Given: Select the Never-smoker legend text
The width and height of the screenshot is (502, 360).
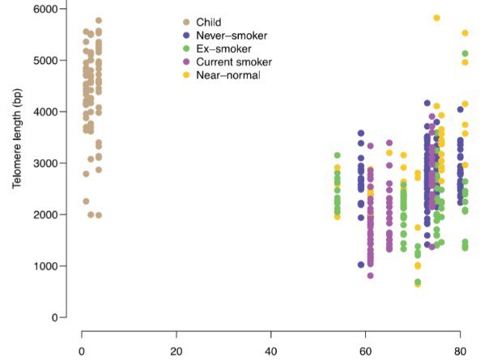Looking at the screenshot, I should (226, 36).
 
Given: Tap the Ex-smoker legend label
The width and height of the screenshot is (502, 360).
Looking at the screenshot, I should (219, 49).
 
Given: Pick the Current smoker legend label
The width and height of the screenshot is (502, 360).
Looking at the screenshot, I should (232, 62).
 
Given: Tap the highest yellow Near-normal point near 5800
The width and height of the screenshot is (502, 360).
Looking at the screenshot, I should (436, 18).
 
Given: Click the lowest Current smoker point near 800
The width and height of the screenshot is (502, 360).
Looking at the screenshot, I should (370, 276).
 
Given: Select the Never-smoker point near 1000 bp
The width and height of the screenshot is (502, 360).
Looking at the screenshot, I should (361, 265).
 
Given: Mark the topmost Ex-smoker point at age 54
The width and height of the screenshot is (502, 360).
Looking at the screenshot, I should (338, 155).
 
